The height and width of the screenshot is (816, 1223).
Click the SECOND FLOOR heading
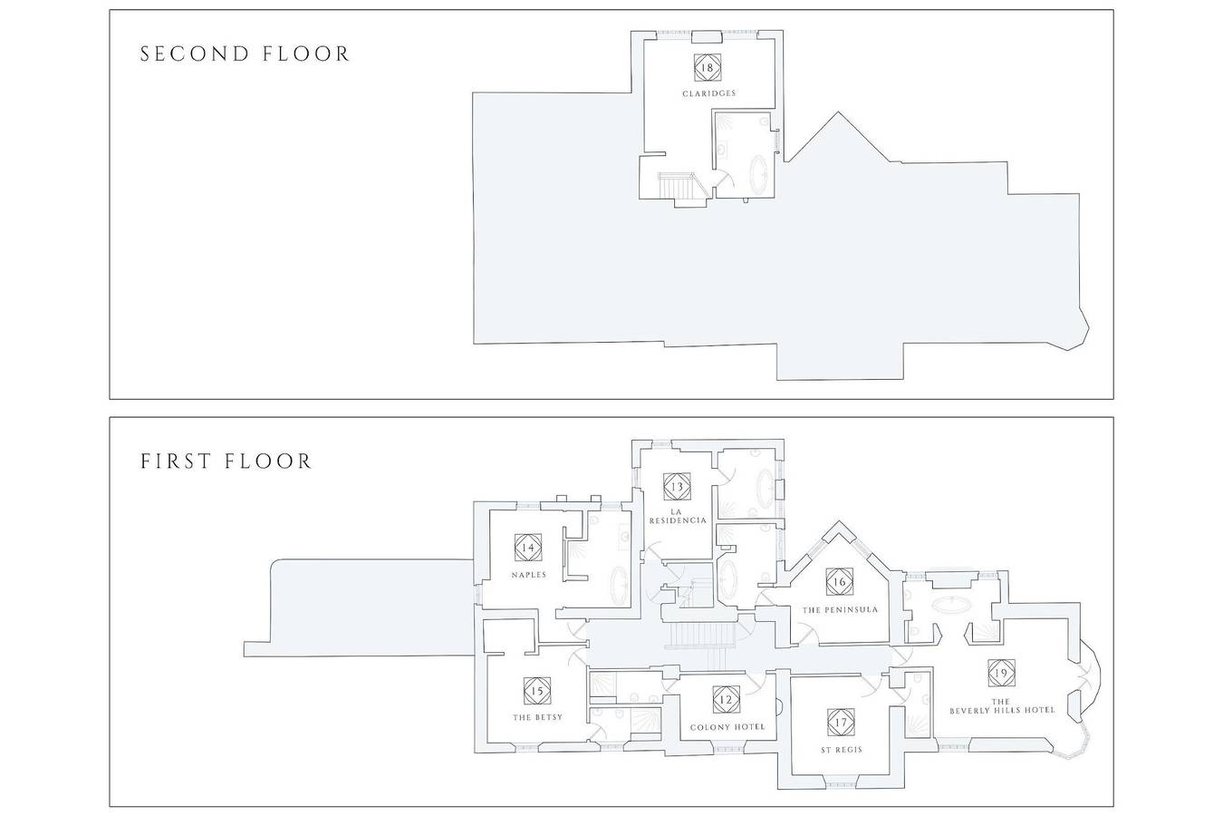pos(245,54)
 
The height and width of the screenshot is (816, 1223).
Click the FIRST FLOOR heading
pos(226,461)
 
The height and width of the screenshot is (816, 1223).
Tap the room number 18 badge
pos(707,67)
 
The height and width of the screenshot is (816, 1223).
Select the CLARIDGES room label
pos(708,93)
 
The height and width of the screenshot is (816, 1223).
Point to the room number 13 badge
pos(677,487)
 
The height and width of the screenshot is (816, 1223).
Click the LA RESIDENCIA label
pos(677,516)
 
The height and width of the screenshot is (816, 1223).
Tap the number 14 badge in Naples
pos(528,547)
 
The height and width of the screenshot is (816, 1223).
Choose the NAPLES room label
pos(528,575)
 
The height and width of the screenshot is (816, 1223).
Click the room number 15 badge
pos(536,691)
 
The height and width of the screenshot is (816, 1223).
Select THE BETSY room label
pos(537,717)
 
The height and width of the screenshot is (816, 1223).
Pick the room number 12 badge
pos(727,700)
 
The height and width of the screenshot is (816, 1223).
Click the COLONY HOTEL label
pos(727,727)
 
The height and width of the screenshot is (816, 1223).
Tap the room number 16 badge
pos(839,581)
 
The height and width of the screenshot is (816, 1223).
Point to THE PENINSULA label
pos(840,609)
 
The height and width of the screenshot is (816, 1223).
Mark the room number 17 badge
pos(841,723)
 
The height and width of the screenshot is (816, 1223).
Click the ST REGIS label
pos(842,750)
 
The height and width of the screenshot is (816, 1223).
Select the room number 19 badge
pos(1001,673)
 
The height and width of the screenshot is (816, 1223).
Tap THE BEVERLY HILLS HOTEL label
pos(1002,705)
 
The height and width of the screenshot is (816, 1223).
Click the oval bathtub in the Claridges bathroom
pos(759,174)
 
